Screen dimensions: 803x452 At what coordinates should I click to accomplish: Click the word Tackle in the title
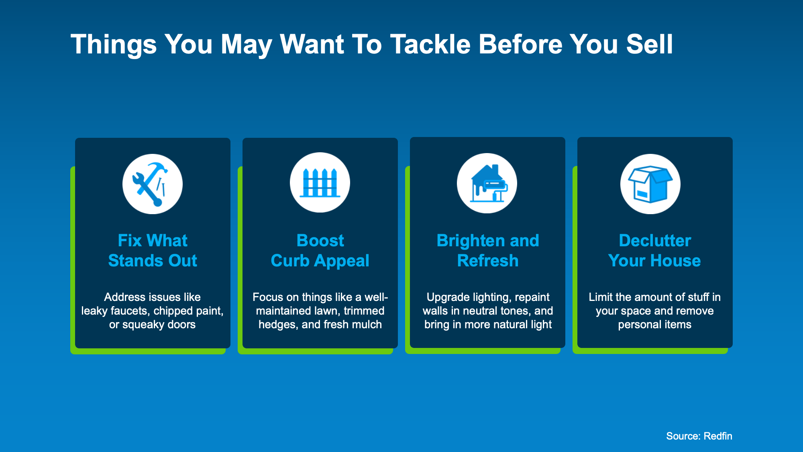point(430,44)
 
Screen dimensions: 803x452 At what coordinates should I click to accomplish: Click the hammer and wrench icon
point(153,184)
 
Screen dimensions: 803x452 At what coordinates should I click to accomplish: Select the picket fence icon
point(320,183)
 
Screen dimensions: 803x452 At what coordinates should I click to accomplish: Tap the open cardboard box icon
point(650,184)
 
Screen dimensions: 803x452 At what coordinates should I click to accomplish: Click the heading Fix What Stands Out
point(153,250)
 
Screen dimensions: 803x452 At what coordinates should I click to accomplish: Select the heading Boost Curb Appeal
point(320,250)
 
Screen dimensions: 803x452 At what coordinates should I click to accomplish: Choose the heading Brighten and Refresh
point(488,250)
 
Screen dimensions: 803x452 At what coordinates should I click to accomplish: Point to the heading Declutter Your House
point(654,250)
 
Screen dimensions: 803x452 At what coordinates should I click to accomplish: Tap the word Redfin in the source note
point(718,436)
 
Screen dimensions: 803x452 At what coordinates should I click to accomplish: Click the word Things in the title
point(114,45)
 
